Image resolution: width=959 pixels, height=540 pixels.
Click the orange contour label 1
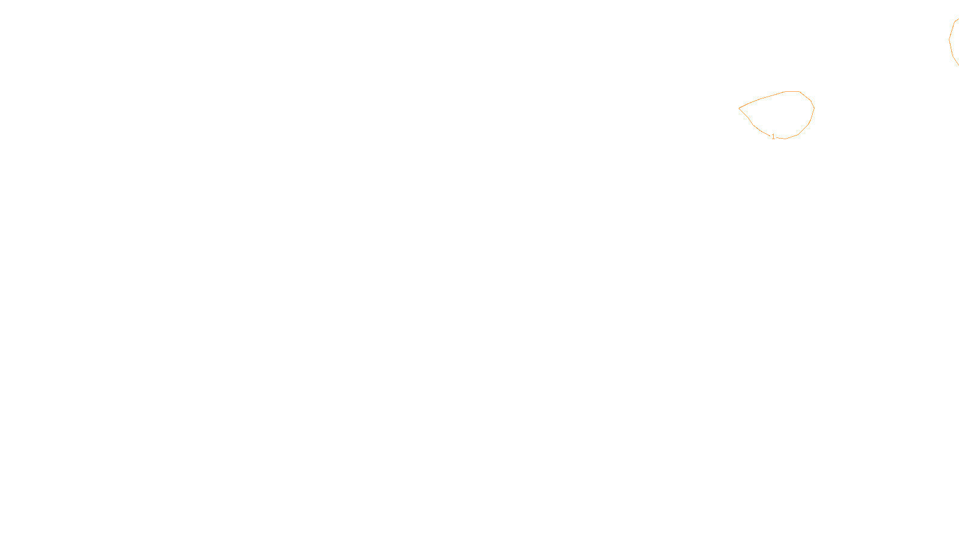[773, 137]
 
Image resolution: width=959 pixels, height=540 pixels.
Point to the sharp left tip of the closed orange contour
[740, 108]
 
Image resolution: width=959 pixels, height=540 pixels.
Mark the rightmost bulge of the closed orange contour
[813, 109]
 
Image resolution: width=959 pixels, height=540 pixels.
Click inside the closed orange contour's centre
[779, 114]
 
